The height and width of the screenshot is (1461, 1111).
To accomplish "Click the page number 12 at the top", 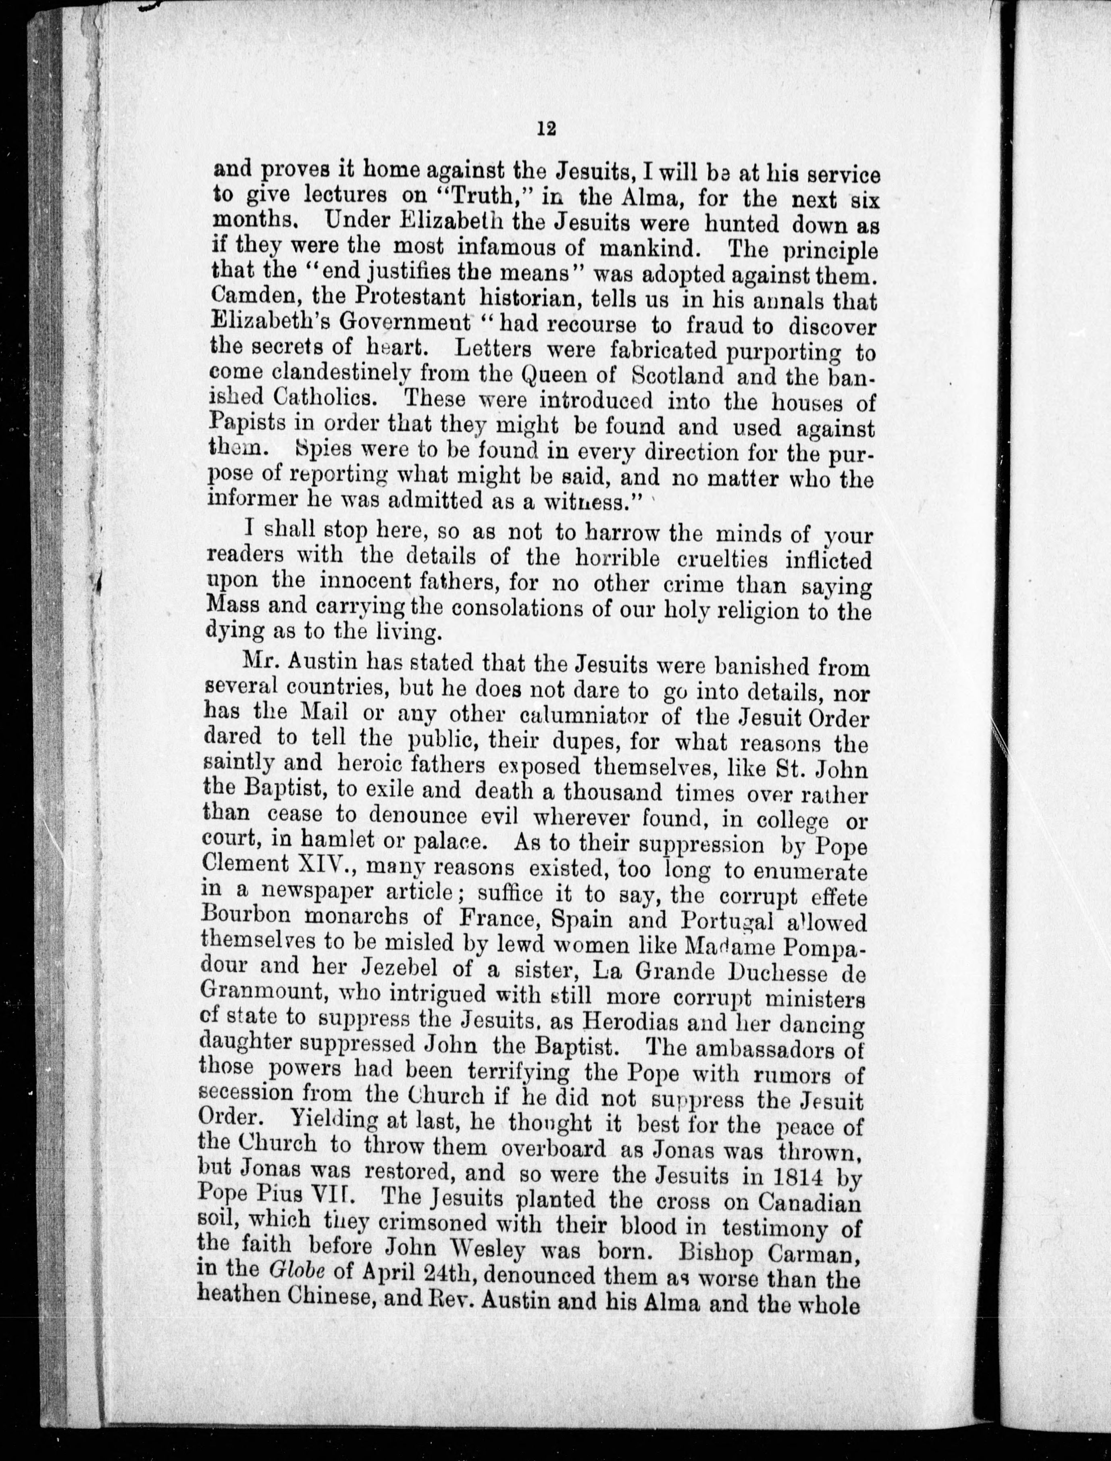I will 547,129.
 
